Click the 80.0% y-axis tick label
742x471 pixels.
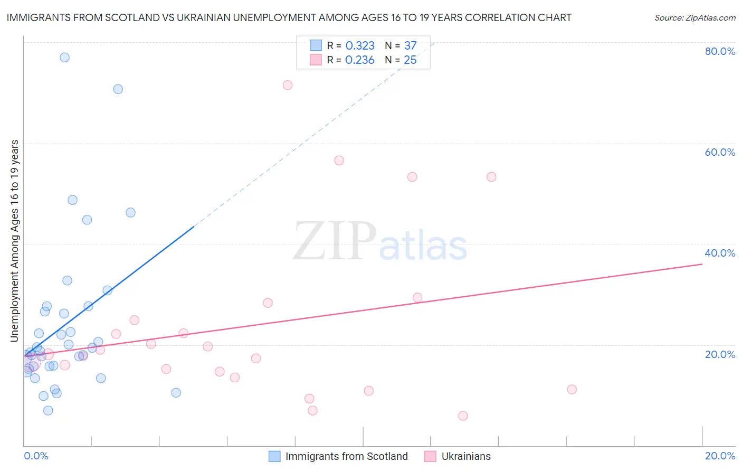click(x=720, y=51)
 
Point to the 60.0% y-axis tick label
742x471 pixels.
click(x=720, y=152)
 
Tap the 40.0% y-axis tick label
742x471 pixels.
click(x=720, y=253)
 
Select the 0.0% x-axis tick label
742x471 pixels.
click(x=36, y=456)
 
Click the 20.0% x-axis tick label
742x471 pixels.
click(x=720, y=456)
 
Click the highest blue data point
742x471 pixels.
click(x=64, y=58)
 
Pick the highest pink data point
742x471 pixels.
click(x=288, y=85)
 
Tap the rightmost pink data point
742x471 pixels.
click(x=572, y=390)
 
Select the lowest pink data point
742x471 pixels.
click(x=463, y=416)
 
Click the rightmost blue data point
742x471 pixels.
click(x=176, y=393)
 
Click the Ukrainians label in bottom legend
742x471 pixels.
click(x=465, y=456)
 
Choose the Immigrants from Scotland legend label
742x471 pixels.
click(x=346, y=456)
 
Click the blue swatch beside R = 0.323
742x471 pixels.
click(x=316, y=45)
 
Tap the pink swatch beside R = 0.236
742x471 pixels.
click(x=316, y=60)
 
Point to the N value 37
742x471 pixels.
click(x=410, y=45)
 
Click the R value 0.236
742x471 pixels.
click(x=359, y=60)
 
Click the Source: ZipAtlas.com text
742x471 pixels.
click(x=695, y=18)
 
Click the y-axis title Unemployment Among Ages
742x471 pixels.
click(x=14, y=240)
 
